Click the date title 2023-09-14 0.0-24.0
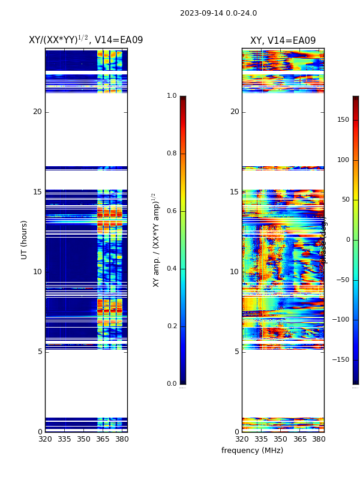[218, 13]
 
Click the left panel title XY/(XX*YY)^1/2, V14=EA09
[86, 40]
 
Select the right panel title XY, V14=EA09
[283, 41]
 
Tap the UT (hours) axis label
[25, 239]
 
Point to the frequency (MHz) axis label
[252, 451]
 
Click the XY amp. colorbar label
[156, 239]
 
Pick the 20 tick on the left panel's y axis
[37, 112]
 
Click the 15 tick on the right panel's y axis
[235, 192]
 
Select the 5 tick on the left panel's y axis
[40, 352]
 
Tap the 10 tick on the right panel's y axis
[235, 272]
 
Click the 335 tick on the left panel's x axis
[64, 439]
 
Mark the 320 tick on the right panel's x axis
[242, 439]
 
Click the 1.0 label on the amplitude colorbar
[172, 96]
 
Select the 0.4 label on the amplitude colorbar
[172, 269]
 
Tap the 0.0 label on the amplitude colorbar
[172, 384]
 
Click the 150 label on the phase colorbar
[343, 120]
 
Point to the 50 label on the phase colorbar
[344, 200]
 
